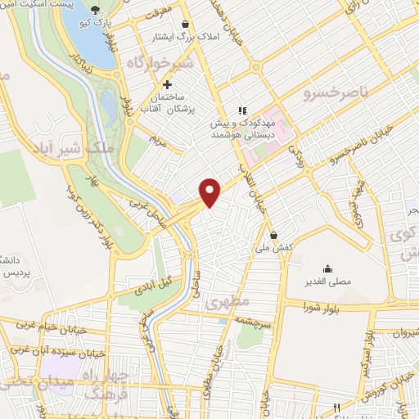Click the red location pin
(x=211, y=191)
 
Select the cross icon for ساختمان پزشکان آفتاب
(x=167, y=84)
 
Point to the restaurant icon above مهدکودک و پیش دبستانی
(x=242, y=110)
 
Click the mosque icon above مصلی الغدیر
(x=327, y=268)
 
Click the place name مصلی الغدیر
(x=327, y=282)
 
